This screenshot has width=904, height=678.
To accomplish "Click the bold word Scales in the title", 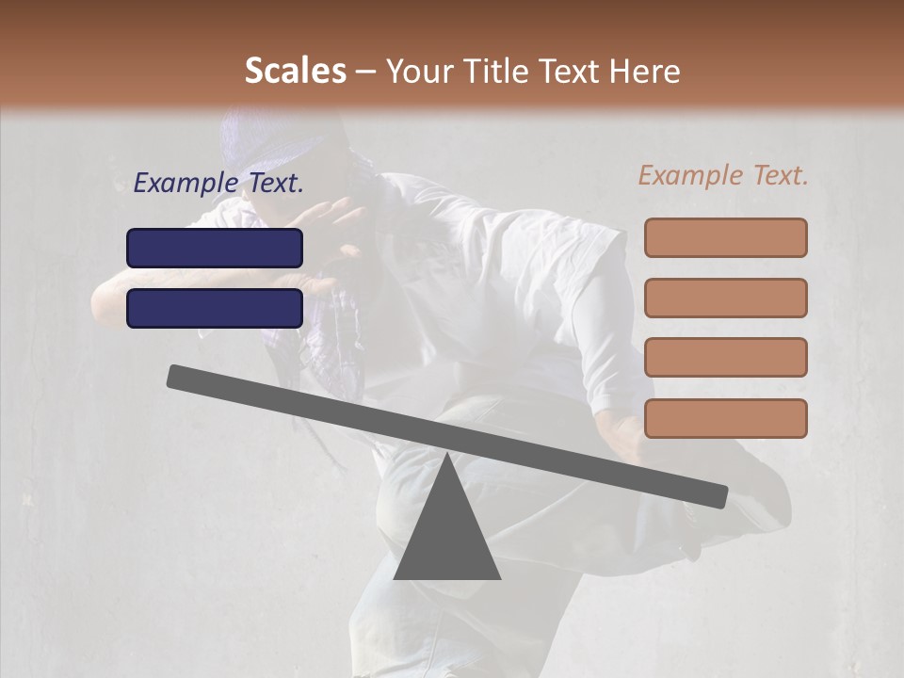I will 295,72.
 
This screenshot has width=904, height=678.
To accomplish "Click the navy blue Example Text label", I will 218,184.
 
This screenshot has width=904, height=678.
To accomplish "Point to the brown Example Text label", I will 723,175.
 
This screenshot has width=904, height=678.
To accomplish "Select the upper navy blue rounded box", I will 215,248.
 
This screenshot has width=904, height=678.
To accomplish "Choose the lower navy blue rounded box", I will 215,308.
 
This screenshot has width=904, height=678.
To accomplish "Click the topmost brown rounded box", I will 725,237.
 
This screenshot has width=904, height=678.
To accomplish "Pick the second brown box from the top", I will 725,298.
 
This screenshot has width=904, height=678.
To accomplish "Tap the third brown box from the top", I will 725,358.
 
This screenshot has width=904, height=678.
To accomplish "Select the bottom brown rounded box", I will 725,418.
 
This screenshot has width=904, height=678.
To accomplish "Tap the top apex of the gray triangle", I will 447,456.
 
